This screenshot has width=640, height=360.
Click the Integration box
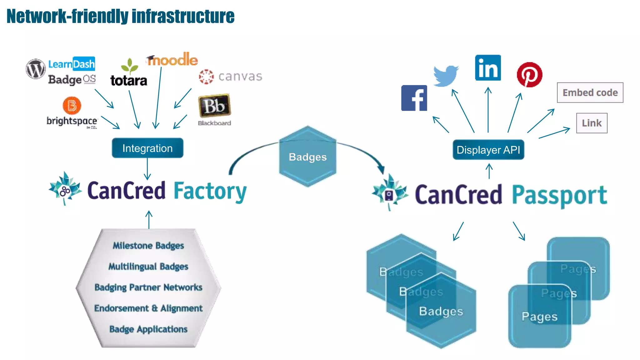tap(147, 148)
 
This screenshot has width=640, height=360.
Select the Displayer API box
tap(488, 150)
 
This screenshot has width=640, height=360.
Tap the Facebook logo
tap(414, 98)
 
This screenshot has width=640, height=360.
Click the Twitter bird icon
tap(446, 76)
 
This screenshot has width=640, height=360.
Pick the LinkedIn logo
tap(488, 68)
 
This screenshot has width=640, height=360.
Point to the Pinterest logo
tap(529, 75)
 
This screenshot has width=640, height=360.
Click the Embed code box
tap(590, 92)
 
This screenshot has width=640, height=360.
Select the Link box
tap(592, 123)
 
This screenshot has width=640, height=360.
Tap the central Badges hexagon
tap(307, 157)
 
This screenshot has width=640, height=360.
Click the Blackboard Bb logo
tap(214, 106)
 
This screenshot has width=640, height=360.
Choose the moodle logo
tap(172, 59)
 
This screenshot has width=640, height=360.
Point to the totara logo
tap(129, 81)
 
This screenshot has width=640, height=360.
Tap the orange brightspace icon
tap(72, 105)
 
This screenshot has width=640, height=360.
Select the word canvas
tap(240, 76)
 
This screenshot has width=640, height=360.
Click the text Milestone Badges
tap(148, 246)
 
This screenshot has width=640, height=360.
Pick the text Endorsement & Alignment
tap(148, 308)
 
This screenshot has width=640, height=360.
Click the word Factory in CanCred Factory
tap(210, 191)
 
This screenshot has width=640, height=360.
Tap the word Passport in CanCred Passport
tap(559, 195)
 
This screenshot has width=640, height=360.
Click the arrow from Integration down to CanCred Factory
tap(147, 169)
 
